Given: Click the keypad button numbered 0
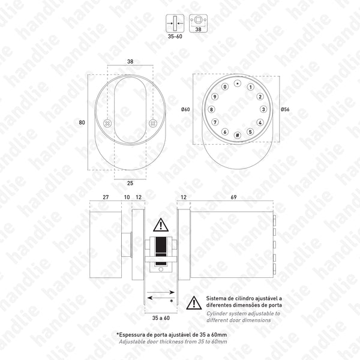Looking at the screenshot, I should click(x=225, y=87).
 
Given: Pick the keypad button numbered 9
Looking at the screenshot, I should click(x=214, y=97).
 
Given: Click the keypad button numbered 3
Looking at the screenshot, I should click(x=263, y=110).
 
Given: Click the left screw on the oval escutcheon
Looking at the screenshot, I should click(x=107, y=124).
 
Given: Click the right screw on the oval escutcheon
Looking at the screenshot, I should click(x=152, y=124).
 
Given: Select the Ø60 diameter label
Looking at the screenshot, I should click(x=185, y=109).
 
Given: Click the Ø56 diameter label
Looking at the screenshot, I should click(x=284, y=109).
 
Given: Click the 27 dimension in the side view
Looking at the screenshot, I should click(x=106, y=197).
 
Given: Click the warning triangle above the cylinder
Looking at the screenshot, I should click(x=161, y=226).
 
